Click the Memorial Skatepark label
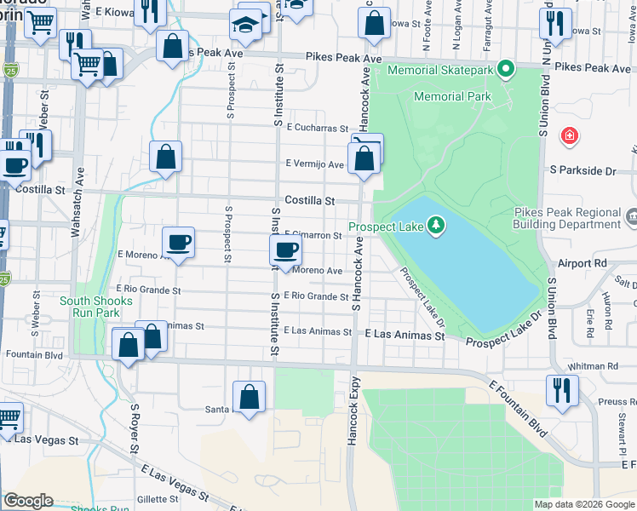tap(441, 70)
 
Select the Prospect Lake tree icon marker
tap(436, 225)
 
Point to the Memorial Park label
tap(452, 96)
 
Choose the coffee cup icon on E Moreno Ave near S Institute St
tap(285, 250)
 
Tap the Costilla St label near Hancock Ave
tap(309, 200)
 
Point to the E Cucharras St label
tap(318, 129)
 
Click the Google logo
tap(28, 501)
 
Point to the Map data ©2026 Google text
tap(584, 504)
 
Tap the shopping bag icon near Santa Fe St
tap(249, 396)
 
